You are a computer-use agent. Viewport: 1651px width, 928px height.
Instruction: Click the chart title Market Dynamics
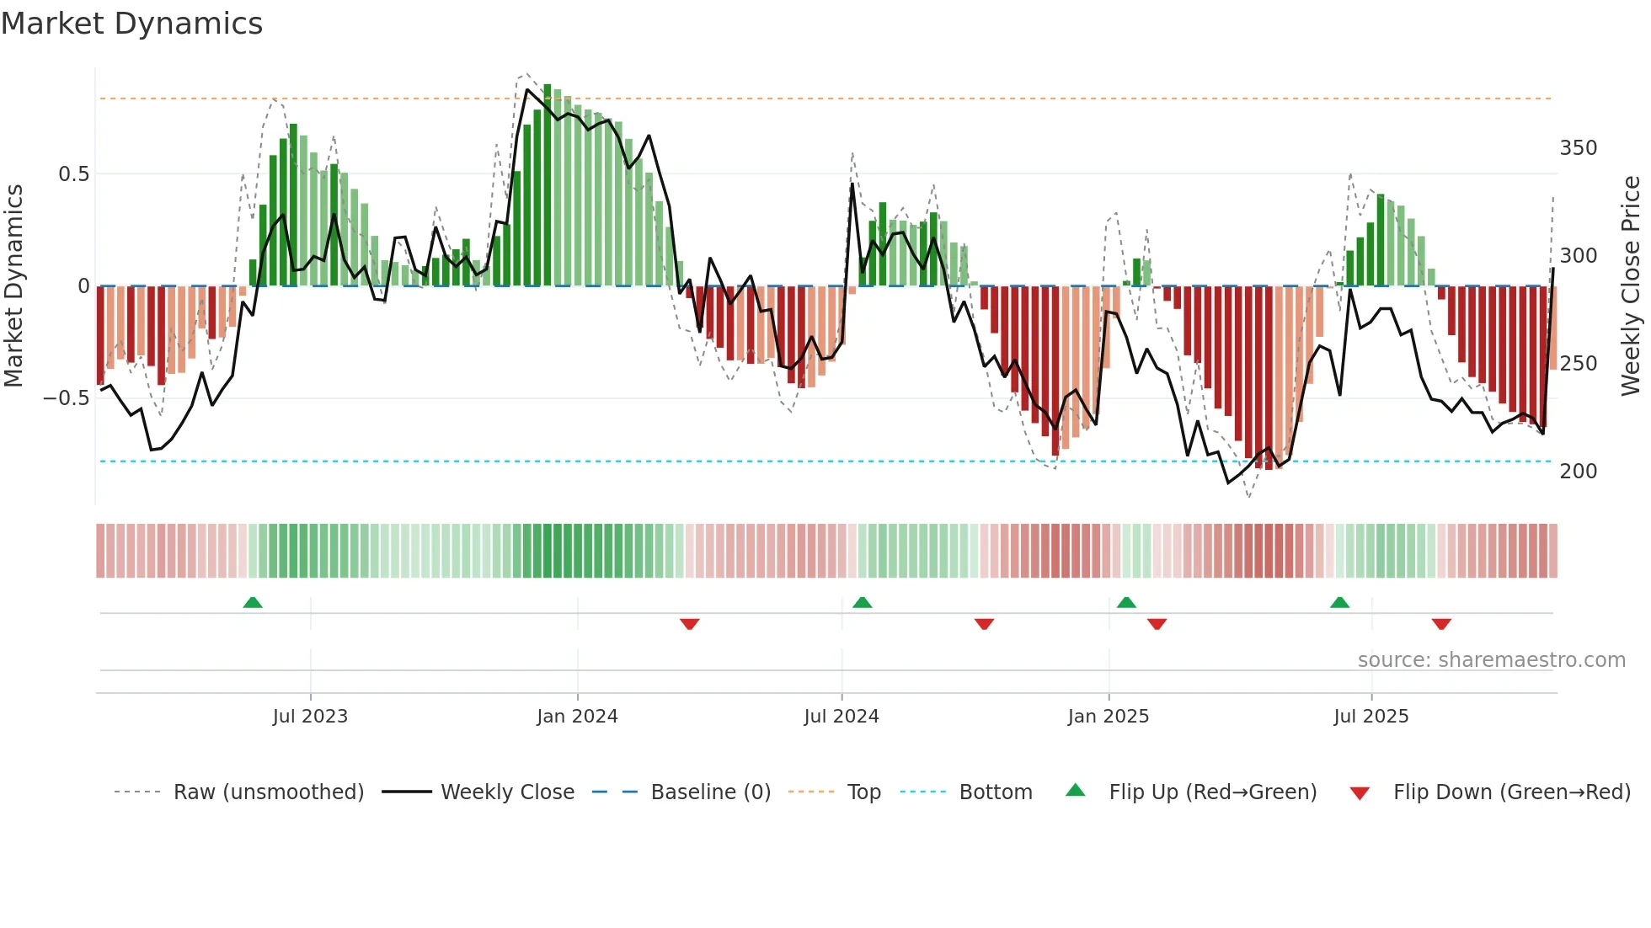coord(131,24)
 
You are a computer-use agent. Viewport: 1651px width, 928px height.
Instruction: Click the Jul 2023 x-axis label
coord(310,717)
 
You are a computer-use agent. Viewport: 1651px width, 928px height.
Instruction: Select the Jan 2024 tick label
coord(577,717)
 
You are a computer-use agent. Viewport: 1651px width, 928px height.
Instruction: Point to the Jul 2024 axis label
coord(841,717)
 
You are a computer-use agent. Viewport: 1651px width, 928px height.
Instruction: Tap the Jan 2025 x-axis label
coord(1108,717)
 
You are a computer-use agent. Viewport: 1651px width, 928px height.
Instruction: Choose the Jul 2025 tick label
coord(1370,717)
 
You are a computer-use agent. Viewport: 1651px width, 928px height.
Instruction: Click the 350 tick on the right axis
coord(1578,148)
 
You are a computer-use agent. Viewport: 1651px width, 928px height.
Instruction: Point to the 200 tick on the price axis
coord(1578,472)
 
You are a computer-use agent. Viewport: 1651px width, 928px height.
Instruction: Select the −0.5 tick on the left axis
coord(66,398)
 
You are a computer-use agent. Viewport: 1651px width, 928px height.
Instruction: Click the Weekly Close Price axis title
coord(1631,286)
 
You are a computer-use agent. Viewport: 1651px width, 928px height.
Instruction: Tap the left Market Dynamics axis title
coord(13,286)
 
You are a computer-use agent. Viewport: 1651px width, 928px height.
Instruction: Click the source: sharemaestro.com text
coord(1491,660)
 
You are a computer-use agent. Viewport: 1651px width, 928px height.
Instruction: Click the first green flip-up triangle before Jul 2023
coord(253,602)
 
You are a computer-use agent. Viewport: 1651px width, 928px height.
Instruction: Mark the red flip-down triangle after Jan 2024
coord(689,624)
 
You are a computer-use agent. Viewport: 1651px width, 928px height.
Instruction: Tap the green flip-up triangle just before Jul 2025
coord(1339,602)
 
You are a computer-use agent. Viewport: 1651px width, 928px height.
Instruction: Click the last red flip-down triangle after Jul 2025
coord(1441,624)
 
